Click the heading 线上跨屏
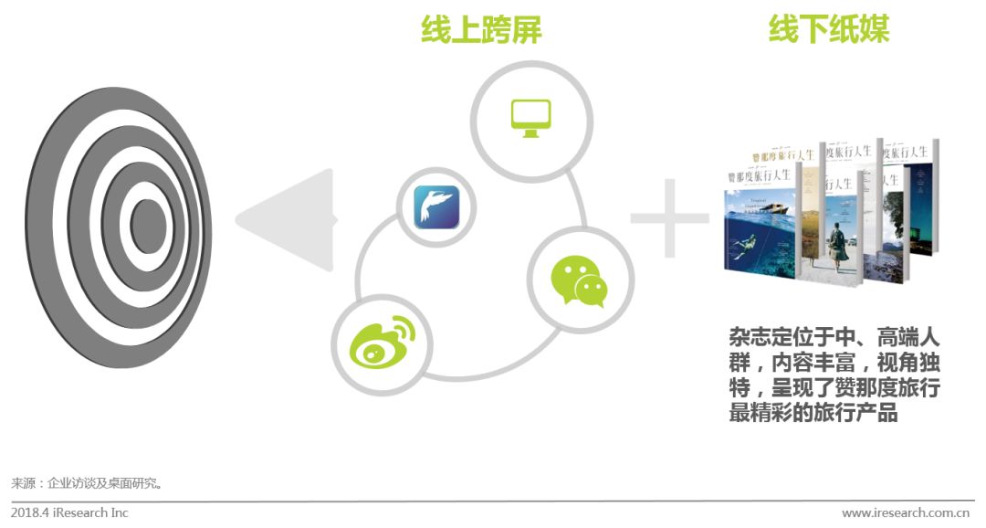pyautogui.click(x=481, y=31)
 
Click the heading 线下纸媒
pyautogui.click(x=828, y=31)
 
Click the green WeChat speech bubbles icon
pyautogui.click(x=579, y=280)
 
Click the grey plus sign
pyautogui.click(x=669, y=220)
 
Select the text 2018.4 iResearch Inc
pyautogui.click(x=70, y=512)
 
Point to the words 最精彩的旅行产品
pyautogui.click(x=813, y=413)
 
